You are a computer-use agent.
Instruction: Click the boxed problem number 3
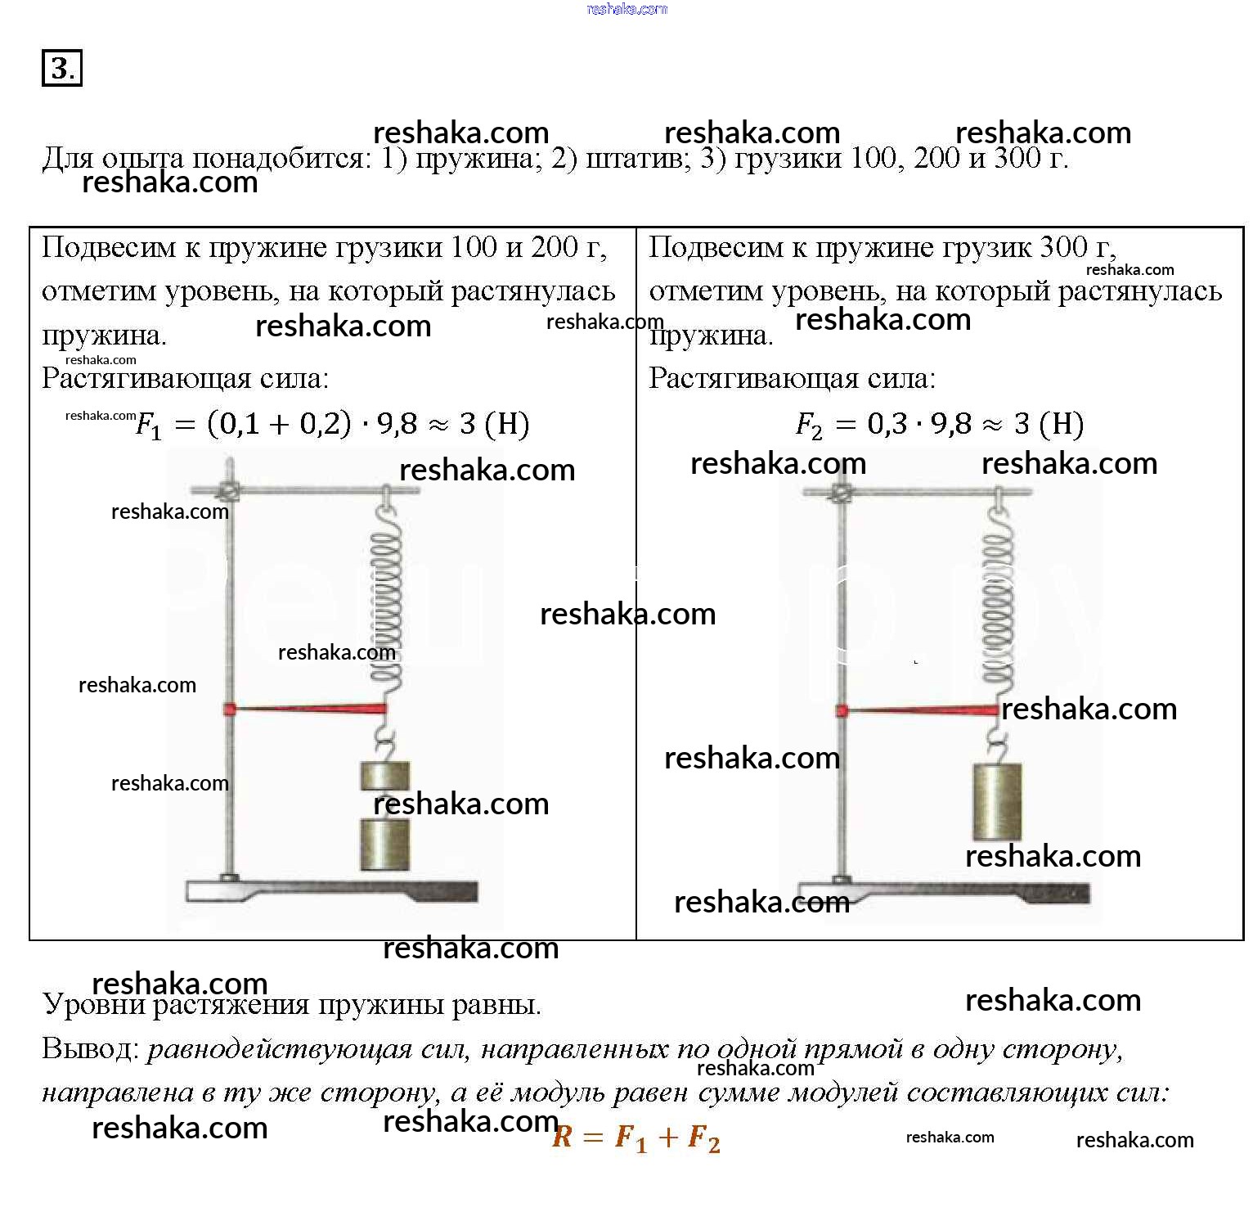coord(61,68)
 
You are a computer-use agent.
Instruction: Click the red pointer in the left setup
coord(307,709)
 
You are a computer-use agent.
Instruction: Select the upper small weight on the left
coord(385,774)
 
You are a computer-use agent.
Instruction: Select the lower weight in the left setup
coord(385,844)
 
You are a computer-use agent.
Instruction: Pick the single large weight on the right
coord(997,801)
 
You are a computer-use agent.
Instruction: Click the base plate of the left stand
coord(331,890)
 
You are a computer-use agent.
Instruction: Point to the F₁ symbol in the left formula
coord(148,425)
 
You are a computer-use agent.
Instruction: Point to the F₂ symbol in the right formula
coord(808,425)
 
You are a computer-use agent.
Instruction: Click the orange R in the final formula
coord(562,1137)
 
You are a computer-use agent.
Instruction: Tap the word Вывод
coord(90,1049)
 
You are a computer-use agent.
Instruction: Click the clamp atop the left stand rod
coord(229,491)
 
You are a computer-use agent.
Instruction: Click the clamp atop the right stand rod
coord(841,493)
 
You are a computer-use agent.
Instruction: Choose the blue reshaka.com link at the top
coord(627,9)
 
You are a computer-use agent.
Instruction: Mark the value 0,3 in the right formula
coord(887,424)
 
